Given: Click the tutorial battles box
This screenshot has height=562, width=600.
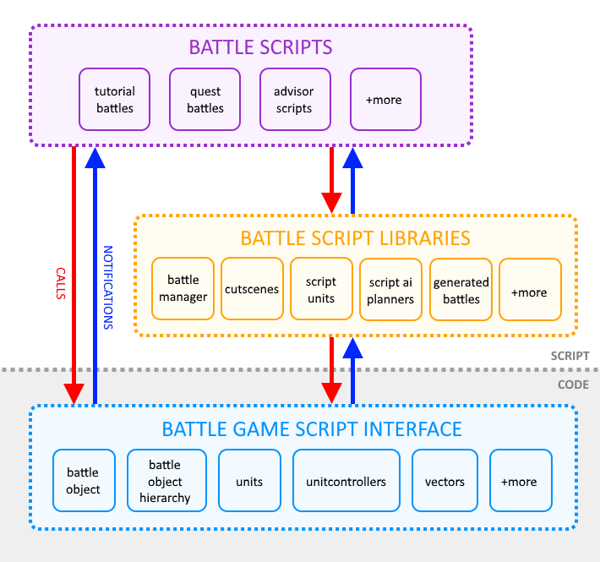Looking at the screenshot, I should pos(115,100).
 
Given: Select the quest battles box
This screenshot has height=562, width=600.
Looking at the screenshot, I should pos(205,100).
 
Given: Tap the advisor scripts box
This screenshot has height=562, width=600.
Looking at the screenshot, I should pos(294,100).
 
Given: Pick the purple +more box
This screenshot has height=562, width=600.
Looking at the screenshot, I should pos(385,100).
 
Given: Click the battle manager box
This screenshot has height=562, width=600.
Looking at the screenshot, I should pos(183,289).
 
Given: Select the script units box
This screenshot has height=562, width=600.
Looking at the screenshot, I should pos(321,289).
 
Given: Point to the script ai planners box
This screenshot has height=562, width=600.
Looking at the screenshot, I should pos(391,289).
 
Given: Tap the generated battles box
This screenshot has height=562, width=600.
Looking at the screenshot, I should pos(461,289).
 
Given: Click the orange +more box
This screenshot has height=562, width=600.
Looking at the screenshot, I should pos(530,289).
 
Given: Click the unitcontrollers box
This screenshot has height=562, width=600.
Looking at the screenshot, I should pos(346,481).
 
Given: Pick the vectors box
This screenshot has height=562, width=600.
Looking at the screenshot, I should pos(445,481).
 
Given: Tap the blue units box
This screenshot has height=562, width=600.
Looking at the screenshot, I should pos(249,481).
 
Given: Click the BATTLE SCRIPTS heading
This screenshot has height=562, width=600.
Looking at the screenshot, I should pos(248,46).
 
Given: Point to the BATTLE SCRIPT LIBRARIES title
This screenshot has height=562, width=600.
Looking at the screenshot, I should pos(355,237).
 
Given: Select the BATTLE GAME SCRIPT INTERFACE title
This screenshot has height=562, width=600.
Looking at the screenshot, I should pos(303,428).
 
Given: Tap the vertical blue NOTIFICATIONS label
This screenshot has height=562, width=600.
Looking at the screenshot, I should pos(108,287).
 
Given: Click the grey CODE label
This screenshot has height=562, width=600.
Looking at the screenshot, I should pos(572,385).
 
